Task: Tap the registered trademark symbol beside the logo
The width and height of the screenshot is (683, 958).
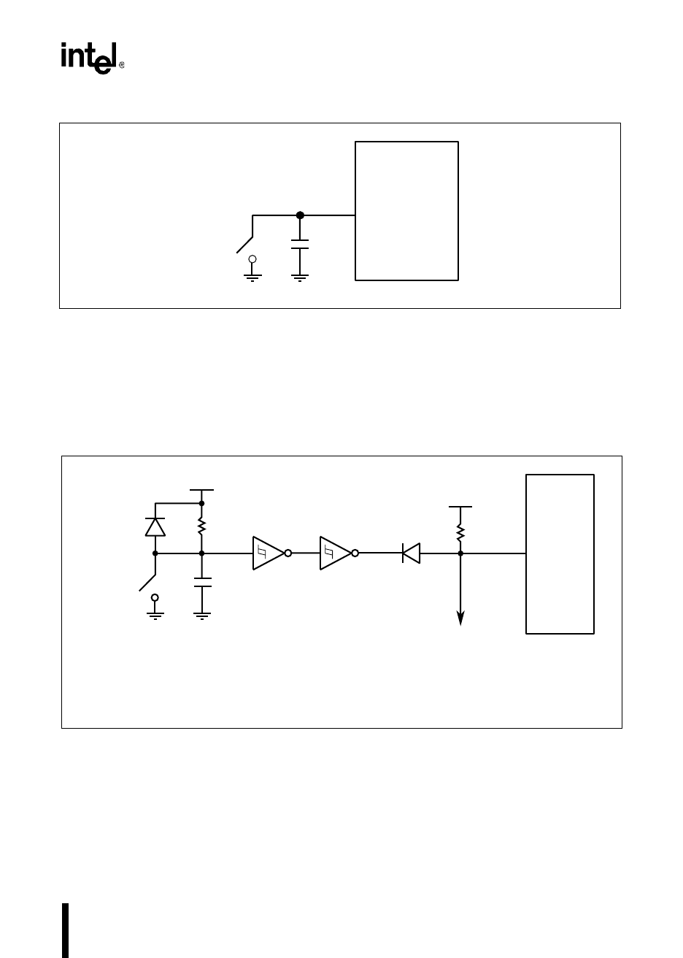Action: [121, 65]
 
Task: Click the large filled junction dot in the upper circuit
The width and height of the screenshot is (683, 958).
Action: [300, 215]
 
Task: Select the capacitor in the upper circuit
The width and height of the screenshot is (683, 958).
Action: [300, 244]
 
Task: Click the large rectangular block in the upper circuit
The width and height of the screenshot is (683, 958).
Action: [406, 210]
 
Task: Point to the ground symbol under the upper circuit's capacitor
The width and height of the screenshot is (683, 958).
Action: [300, 276]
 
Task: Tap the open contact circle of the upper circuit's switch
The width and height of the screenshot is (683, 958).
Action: [252, 258]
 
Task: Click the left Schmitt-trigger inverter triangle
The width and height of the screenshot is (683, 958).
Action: [267, 553]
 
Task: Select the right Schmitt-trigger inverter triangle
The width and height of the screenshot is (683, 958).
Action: [334, 553]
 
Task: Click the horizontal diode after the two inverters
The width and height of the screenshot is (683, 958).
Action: [412, 553]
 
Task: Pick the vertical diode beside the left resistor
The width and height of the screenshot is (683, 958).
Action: [155, 526]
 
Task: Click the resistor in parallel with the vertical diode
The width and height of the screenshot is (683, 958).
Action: [202, 527]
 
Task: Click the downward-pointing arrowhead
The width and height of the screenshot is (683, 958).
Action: [460, 618]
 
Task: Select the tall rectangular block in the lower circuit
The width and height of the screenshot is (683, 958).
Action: [560, 553]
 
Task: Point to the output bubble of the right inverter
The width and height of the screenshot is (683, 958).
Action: [355, 553]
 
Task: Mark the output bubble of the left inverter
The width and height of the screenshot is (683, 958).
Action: [288, 553]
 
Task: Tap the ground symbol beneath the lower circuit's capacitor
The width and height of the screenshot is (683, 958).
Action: [202, 615]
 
